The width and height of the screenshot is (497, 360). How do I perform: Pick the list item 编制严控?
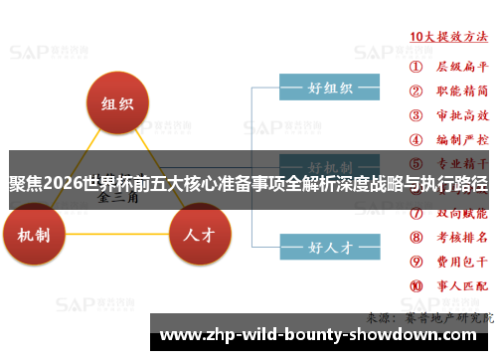pyautogui.click(x=464, y=139)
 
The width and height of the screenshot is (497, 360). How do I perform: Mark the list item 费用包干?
pyautogui.click(x=464, y=262)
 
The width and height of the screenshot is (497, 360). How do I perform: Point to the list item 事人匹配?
pyautogui.click(x=464, y=285)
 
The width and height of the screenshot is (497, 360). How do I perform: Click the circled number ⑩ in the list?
pyautogui.click(x=415, y=285)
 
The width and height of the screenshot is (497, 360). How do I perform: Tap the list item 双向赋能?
pyautogui.click(x=464, y=213)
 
